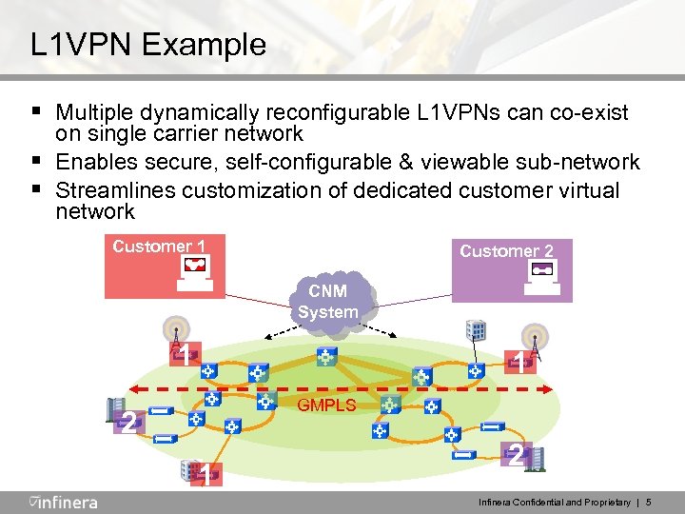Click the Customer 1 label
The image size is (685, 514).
tap(159, 247)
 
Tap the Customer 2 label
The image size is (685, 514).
tap(506, 251)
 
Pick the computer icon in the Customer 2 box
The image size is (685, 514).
tap(542, 277)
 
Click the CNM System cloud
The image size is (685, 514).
tap(328, 302)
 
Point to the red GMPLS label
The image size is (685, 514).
tap(326, 405)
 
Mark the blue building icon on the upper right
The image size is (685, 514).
tap(475, 329)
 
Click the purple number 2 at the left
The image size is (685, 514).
tap(127, 423)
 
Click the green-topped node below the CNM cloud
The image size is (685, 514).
tap(326, 357)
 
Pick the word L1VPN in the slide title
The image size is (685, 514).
tap(84, 45)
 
